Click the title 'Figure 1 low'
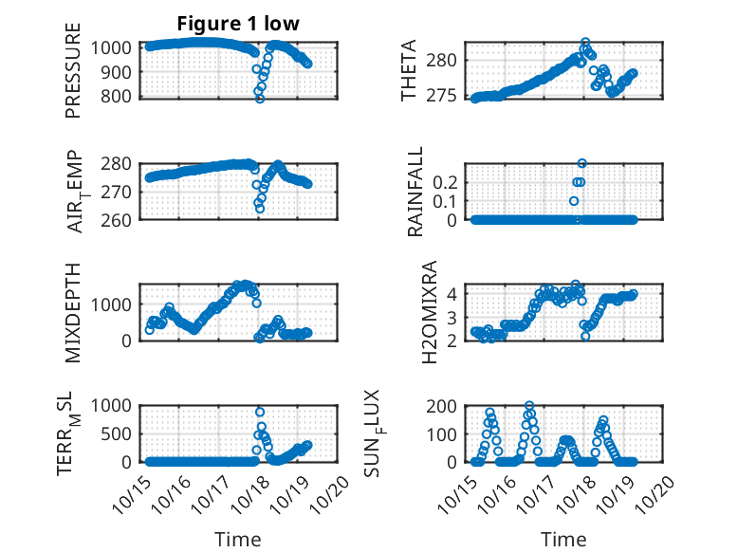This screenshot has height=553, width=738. [x=238, y=25]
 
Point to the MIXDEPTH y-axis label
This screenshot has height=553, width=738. [x=74, y=311]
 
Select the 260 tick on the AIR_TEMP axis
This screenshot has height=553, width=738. [x=120, y=219]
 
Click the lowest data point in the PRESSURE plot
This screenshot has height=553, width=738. [x=260, y=98]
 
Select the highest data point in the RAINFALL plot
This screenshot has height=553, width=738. [x=582, y=163]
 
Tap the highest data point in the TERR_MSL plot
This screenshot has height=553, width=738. [x=260, y=412]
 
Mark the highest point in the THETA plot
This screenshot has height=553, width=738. [x=585, y=43]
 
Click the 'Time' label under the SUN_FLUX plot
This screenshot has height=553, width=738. [x=563, y=540]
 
